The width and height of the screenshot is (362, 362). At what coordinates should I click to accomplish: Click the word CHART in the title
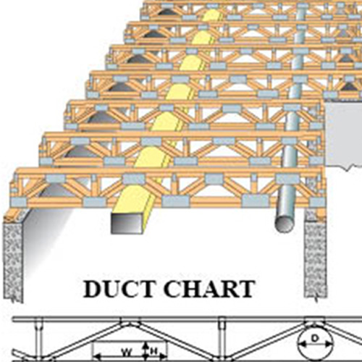click(210, 289)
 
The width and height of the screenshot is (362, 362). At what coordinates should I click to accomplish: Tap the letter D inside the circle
click(315, 339)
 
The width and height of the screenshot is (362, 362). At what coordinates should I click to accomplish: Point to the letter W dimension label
click(127, 353)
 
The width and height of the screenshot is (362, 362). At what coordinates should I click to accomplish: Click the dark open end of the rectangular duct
click(126, 223)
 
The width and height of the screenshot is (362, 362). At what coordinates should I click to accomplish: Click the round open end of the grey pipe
click(285, 224)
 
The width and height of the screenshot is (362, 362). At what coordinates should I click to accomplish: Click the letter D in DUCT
click(93, 289)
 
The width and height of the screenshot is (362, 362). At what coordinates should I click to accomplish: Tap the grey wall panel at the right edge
click(344, 134)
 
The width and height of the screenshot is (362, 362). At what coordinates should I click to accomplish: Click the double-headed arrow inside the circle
click(315, 345)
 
